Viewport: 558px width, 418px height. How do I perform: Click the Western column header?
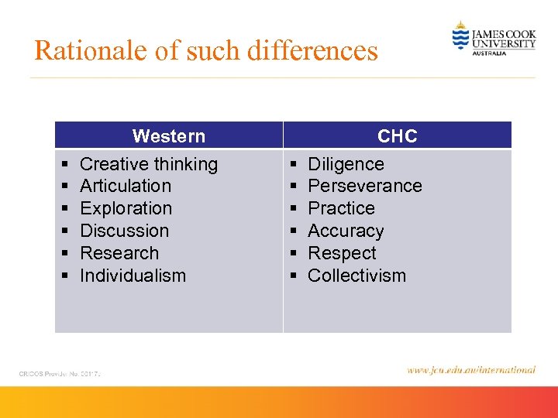point(168,136)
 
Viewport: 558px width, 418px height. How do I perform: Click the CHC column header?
point(397,136)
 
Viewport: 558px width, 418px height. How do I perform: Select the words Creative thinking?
point(149,164)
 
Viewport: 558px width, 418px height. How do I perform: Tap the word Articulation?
point(126,186)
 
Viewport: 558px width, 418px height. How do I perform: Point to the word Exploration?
point(126,208)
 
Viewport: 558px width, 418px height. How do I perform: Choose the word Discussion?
point(124,231)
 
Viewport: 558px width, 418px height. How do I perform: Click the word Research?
point(119,253)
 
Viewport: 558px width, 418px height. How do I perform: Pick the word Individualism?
point(133,276)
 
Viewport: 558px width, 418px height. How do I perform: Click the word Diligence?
point(346,164)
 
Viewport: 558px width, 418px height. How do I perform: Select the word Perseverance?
point(364,186)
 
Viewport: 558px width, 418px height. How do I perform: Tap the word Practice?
point(341,208)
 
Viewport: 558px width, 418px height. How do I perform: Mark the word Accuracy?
point(346,231)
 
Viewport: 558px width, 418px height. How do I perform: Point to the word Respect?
point(342,253)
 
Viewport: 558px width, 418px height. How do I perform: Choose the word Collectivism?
point(356,276)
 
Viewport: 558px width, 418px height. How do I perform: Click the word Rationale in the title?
point(81,51)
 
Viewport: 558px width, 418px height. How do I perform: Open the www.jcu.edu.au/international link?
point(470,370)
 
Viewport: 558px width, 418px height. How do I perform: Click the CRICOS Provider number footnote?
point(60,374)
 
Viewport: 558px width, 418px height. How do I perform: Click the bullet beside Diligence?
point(292,165)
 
